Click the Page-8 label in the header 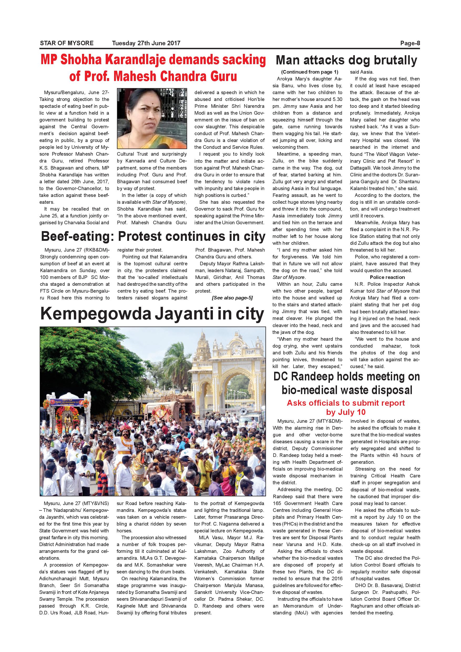(410, 43)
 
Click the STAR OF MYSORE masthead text (67, 43)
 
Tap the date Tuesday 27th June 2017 (146, 43)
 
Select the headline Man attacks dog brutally (346, 60)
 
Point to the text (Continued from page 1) (307, 72)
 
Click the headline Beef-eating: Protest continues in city (153, 237)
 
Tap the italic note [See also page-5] (232, 298)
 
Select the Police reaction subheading (387, 277)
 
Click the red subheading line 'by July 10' (346, 412)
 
